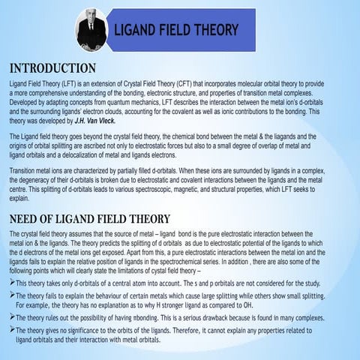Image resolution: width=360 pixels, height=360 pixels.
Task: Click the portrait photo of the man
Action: (x=90, y=29)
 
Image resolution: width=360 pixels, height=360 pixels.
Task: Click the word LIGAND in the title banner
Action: (x=138, y=30)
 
